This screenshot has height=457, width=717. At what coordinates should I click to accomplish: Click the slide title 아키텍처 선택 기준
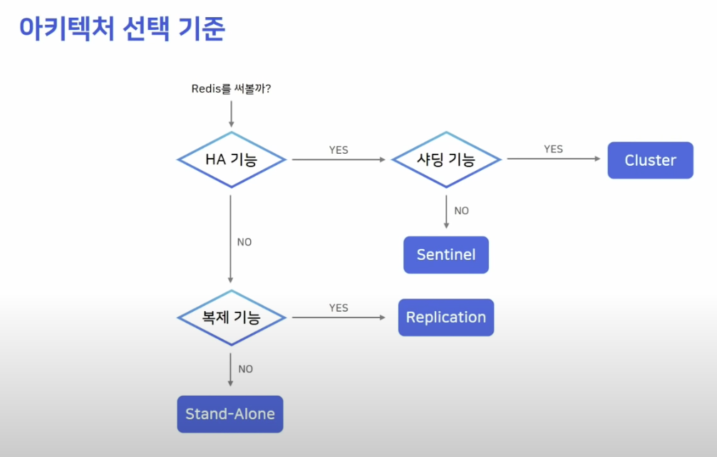[122, 29]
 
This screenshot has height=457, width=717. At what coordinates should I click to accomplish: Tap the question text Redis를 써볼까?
[231, 89]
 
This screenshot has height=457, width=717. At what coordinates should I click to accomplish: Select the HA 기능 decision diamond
[231, 159]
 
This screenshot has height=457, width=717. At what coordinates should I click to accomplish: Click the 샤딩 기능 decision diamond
[445, 159]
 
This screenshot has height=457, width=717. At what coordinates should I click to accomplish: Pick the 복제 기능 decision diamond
[231, 317]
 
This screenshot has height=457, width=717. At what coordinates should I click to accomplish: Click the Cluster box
[650, 160]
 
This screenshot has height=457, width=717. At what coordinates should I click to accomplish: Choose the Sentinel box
[446, 255]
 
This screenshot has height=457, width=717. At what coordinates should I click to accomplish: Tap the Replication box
[446, 317]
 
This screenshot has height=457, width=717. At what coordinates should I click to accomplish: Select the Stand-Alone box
[230, 414]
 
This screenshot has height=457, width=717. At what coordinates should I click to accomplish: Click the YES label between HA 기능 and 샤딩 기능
[339, 150]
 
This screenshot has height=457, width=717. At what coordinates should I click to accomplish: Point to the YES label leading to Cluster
[553, 149]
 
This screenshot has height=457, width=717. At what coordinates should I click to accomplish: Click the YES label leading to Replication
[339, 308]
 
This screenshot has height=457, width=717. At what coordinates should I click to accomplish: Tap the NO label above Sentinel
[461, 211]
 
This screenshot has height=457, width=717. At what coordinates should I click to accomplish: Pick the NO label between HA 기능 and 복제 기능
[244, 242]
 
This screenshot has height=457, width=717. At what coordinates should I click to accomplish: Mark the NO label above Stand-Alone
[245, 369]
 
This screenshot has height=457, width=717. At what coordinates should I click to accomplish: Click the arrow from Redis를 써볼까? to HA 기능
[231, 114]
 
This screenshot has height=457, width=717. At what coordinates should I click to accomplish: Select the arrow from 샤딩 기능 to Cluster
[553, 159]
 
